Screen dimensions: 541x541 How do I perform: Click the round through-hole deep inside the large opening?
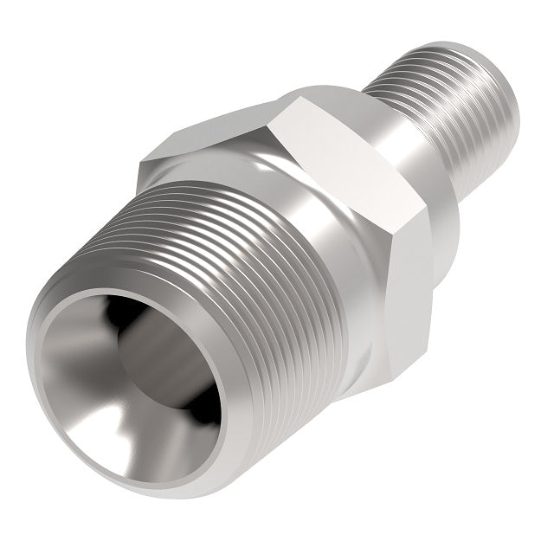click(160, 364)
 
